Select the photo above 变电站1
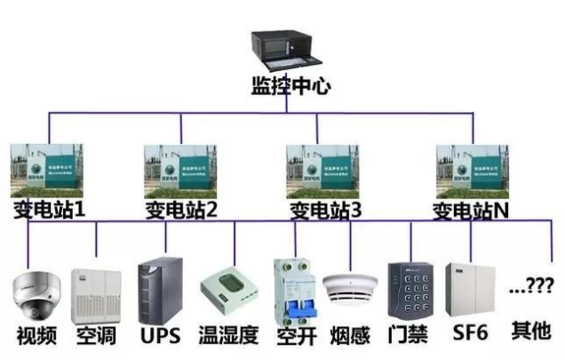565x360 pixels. point(46,170)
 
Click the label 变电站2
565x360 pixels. point(181,211)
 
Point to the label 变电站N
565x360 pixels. point(471,211)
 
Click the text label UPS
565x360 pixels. point(160,336)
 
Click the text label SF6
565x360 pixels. point(469,336)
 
